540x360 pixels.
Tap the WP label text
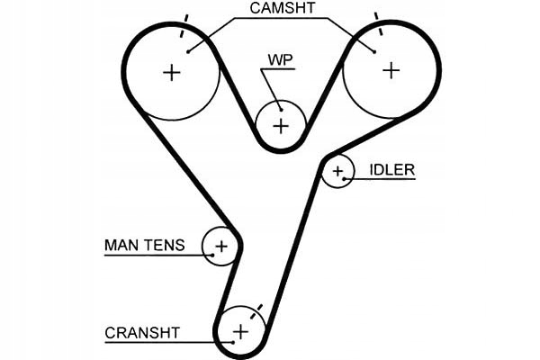(280, 60)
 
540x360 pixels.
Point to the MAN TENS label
(144, 245)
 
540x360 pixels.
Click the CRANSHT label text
(142, 332)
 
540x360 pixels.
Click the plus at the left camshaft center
(171, 72)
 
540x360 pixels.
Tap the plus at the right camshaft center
(391, 69)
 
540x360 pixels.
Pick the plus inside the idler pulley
(338, 170)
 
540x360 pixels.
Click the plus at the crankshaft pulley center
(240, 331)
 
